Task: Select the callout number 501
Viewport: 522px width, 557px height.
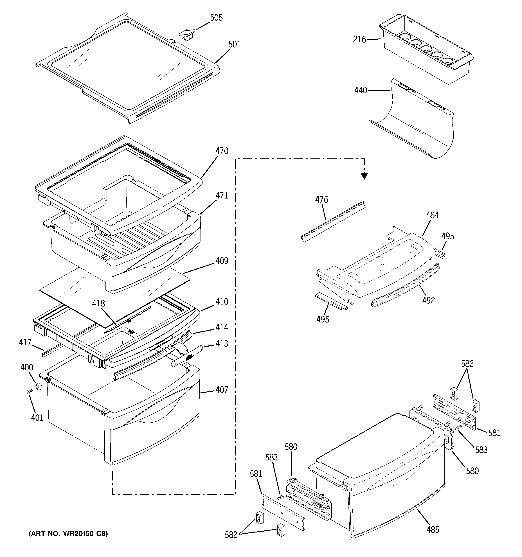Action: click(x=234, y=44)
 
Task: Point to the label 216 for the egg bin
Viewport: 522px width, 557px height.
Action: click(x=360, y=40)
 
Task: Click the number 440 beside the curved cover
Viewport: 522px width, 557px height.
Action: click(x=361, y=90)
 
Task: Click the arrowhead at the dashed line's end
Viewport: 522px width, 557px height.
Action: click(x=364, y=176)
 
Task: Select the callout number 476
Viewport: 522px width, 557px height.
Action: click(x=321, y=200)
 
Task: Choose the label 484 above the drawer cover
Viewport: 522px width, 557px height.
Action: click(x=432, y=215)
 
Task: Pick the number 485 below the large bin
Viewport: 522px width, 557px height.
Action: click(x=433, y=530)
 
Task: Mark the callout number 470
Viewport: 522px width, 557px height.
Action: click(x=222, y=151)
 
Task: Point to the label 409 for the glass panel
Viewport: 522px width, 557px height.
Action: click(x=222, y=261)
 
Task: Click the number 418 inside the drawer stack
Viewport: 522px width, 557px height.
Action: click(x=99, y=303)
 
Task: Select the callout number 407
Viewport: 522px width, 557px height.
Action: click(x=222, y=390)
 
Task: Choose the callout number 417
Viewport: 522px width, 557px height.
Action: click(x=25, y=342)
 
